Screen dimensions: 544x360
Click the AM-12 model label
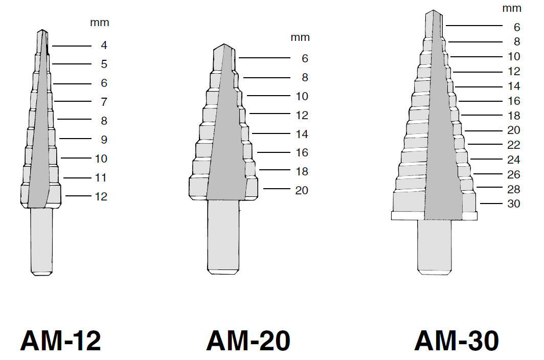[61, 341]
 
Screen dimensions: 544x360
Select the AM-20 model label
[248, 341]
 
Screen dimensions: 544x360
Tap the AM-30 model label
[457, 341]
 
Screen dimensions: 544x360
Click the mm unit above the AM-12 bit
[100, 22]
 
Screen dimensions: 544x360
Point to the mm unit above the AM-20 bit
[300, 37]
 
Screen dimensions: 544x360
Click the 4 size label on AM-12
[104, 45]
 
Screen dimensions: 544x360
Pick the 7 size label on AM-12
[104, 102]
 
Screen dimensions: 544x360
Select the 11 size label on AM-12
[101, 177]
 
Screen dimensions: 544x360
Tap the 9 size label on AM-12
[104, 140]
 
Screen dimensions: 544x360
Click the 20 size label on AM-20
[302, 190]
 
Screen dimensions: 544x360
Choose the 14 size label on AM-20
[302, 134]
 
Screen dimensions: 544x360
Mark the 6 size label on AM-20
[305, 58]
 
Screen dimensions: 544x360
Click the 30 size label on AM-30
[514, 204]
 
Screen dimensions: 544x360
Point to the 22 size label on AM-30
[514, 145]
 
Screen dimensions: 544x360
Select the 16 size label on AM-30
[514, 101]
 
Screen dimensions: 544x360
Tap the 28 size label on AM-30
[514, 189]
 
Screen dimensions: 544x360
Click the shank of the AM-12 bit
[41, 242]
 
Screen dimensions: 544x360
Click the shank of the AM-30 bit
[435, 247]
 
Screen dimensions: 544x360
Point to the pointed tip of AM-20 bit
[224, 44]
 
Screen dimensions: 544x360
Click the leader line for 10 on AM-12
[76, 158]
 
